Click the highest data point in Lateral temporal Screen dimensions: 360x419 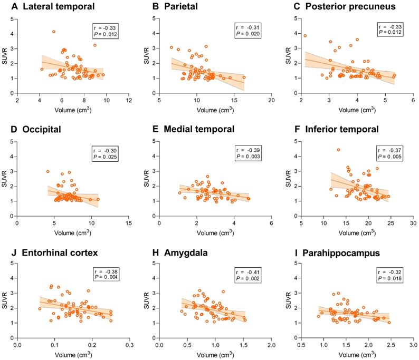click(x=54, y=32)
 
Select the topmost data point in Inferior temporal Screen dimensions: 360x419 click(x=339, y=150)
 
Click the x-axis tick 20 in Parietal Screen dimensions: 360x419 click(x=271, y=100)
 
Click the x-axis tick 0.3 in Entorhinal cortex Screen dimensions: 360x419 click(x=129, y=346)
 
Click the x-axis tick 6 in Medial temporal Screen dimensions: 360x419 click(x=271, y=222)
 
